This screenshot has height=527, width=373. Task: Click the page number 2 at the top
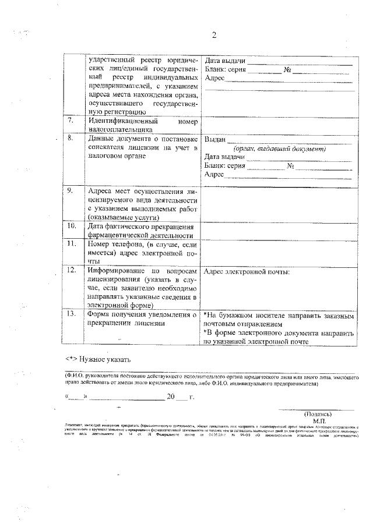pyautogui.click(x=213, y=36)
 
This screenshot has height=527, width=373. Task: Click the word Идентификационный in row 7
pyautogui.click(x=121, y=121)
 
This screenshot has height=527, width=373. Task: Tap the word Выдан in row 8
pyautogui.click(x=214, y=139)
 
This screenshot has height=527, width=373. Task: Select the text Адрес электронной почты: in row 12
pyautogui.click(x=248, y=271)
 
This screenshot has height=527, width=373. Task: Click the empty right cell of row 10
pyautogui.click(x=279, y=230)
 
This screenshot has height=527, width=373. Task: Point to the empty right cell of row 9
pyautogui.click(x=279, y=203)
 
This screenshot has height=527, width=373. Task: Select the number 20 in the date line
pyautogui.click(x=171, y=397)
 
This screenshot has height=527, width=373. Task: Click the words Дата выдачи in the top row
pyautogui.click(x=224, y=61)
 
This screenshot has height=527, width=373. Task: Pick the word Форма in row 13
pyautogui.click(x=100, y=314)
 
